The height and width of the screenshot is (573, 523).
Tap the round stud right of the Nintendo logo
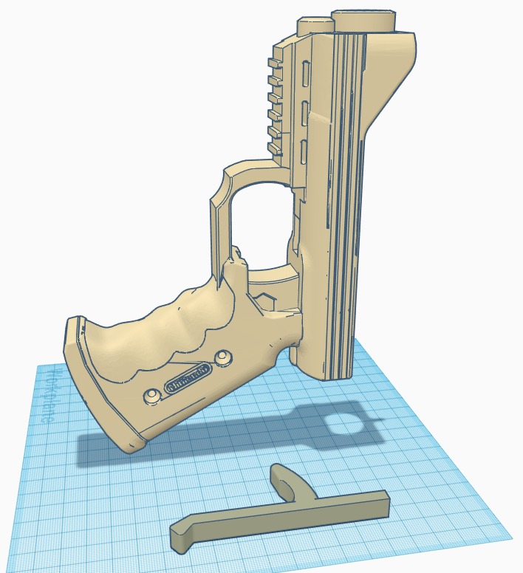pos(221,358)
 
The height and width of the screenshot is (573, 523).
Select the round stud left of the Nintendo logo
pos(151,395)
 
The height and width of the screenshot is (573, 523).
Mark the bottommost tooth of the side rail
pos(274,149)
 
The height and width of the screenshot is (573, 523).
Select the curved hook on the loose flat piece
pos(285,481)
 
